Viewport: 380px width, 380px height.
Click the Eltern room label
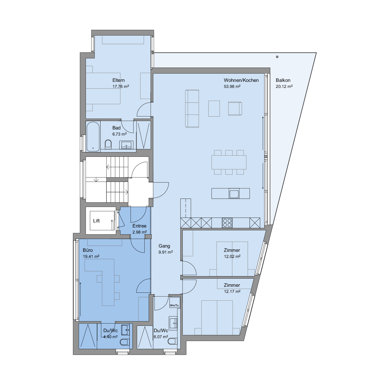click(x=119, y=80)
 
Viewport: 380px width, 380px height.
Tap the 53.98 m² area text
click(x=232, y=86)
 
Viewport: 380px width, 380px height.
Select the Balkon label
click(x=283, y=80)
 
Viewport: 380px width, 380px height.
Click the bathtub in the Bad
click(x=93, y=137)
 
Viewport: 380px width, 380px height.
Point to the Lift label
click(x=97, y=221)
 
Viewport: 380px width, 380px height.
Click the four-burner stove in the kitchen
click(x=227, y=223)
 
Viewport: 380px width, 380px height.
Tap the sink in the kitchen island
click(x=234, y=194)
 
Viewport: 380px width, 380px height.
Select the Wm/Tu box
click(x=175, y=302)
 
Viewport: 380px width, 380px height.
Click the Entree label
click(x=139, y=226)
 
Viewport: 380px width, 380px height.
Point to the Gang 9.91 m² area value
click(x=166, y=252)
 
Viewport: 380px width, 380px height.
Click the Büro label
click(x=88, y=250)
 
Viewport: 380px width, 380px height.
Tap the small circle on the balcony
click(x=277, y=57)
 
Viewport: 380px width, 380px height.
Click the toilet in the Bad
click(x=108, y=144)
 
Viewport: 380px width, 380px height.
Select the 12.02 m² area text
click(x=232, y=256)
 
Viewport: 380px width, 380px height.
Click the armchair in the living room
click(x=235, y=108)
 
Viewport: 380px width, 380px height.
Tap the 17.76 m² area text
click(x=121, y=86)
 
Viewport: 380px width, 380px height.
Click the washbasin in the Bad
click(x=126, y=145)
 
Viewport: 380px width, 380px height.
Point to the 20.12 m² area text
click(x=284, y=86)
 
